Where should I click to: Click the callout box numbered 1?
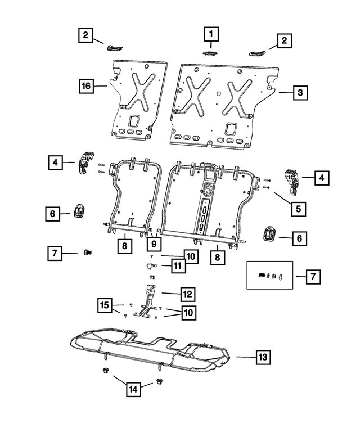coord(211,34)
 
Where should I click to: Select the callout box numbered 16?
coord(86,85)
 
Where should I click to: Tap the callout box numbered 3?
coord(300,92)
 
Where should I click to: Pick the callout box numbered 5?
coord(299,209)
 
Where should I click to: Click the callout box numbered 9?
coord(154,244)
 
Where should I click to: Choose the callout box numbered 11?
coord(178,265)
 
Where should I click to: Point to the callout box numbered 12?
coord(187,294)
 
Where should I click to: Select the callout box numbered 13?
coord(263,357)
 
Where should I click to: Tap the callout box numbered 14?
coord(133,389)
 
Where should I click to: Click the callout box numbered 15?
coord(105,305)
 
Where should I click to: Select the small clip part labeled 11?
coord(151,266)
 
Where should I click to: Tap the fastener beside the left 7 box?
coord(88,253)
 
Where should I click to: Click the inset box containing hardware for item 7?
coord(270,276)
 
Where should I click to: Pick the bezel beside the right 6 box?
coord(269,233)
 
